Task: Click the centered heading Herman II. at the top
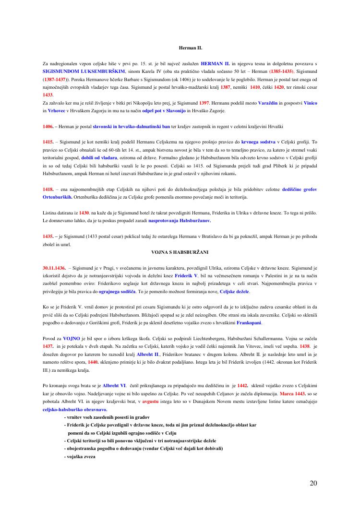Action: pyautogui.click(x=191, y=48)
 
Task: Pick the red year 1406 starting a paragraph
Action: pyautogui.click(x=48, y=126)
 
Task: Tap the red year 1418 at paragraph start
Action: pyautogui.click(x=48, y=189)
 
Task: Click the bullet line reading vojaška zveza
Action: pyautogui.click(x=81, y=456)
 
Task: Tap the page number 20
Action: pyautogui.click(x=313, y=483)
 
